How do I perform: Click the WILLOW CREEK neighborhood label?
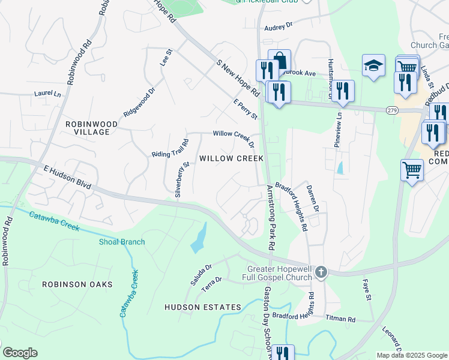point(231,158)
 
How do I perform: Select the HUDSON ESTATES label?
point(203,307)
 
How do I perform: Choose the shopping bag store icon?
point(279,61)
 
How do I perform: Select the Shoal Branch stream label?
point(122,242)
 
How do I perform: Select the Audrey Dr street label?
point(278,26)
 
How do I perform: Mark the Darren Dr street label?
point(312,199)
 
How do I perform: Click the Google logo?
point(20,353)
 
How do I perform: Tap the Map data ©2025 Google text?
point(411,355)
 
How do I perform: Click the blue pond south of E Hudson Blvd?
point(198,239)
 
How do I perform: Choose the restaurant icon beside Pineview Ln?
point(342,91)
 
